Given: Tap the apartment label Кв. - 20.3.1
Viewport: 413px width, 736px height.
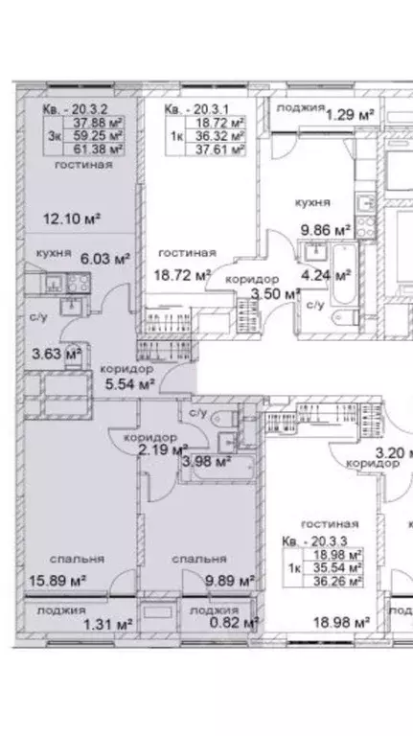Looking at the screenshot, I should click(x=193, y=109).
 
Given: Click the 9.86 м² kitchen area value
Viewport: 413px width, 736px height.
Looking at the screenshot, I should click(x=327, y=231).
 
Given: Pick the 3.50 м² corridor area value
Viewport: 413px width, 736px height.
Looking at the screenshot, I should click(x=258, y=293).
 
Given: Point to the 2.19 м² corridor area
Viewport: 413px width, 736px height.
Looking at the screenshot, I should click(x=162, y=448).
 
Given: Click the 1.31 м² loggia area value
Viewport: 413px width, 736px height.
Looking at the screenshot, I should click(x=106, y=623).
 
